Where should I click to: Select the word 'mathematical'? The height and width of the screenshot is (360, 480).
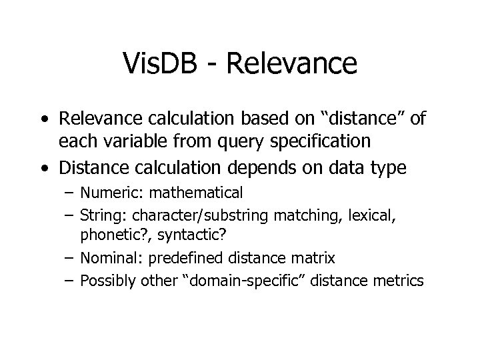click(x=197, y=194)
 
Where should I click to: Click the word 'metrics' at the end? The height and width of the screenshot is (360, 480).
click(x=398, y=281)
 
